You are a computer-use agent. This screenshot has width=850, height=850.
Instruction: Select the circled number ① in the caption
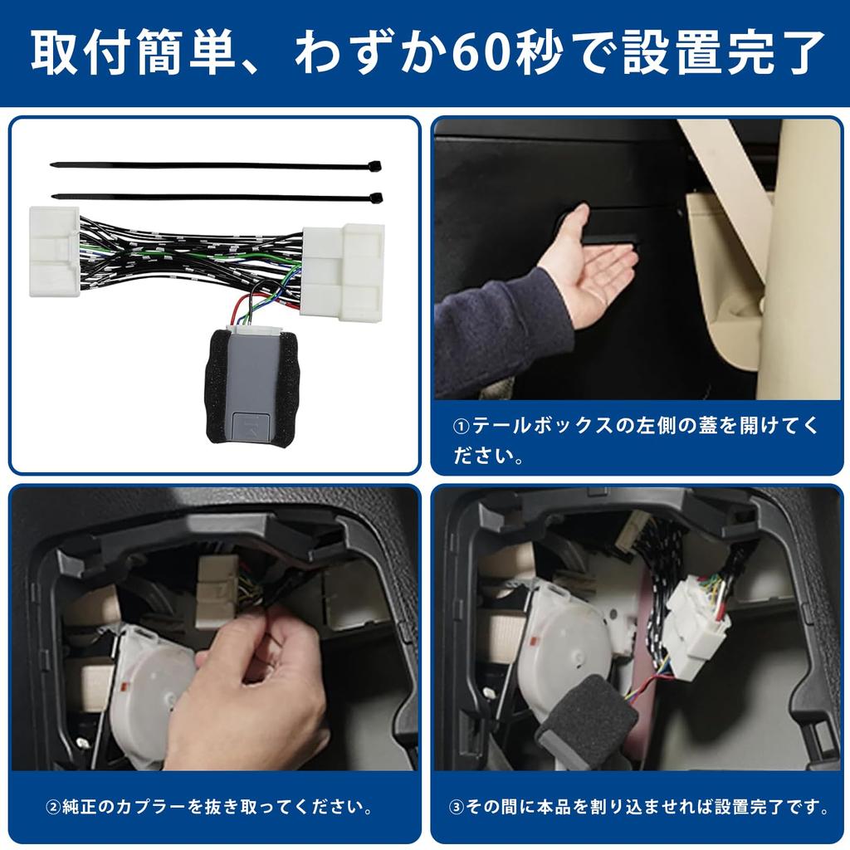(x=462, y=427)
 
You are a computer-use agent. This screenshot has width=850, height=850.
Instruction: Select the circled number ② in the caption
(x=52, y=806)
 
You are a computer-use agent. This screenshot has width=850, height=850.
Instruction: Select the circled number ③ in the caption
(x=457, y=806)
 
